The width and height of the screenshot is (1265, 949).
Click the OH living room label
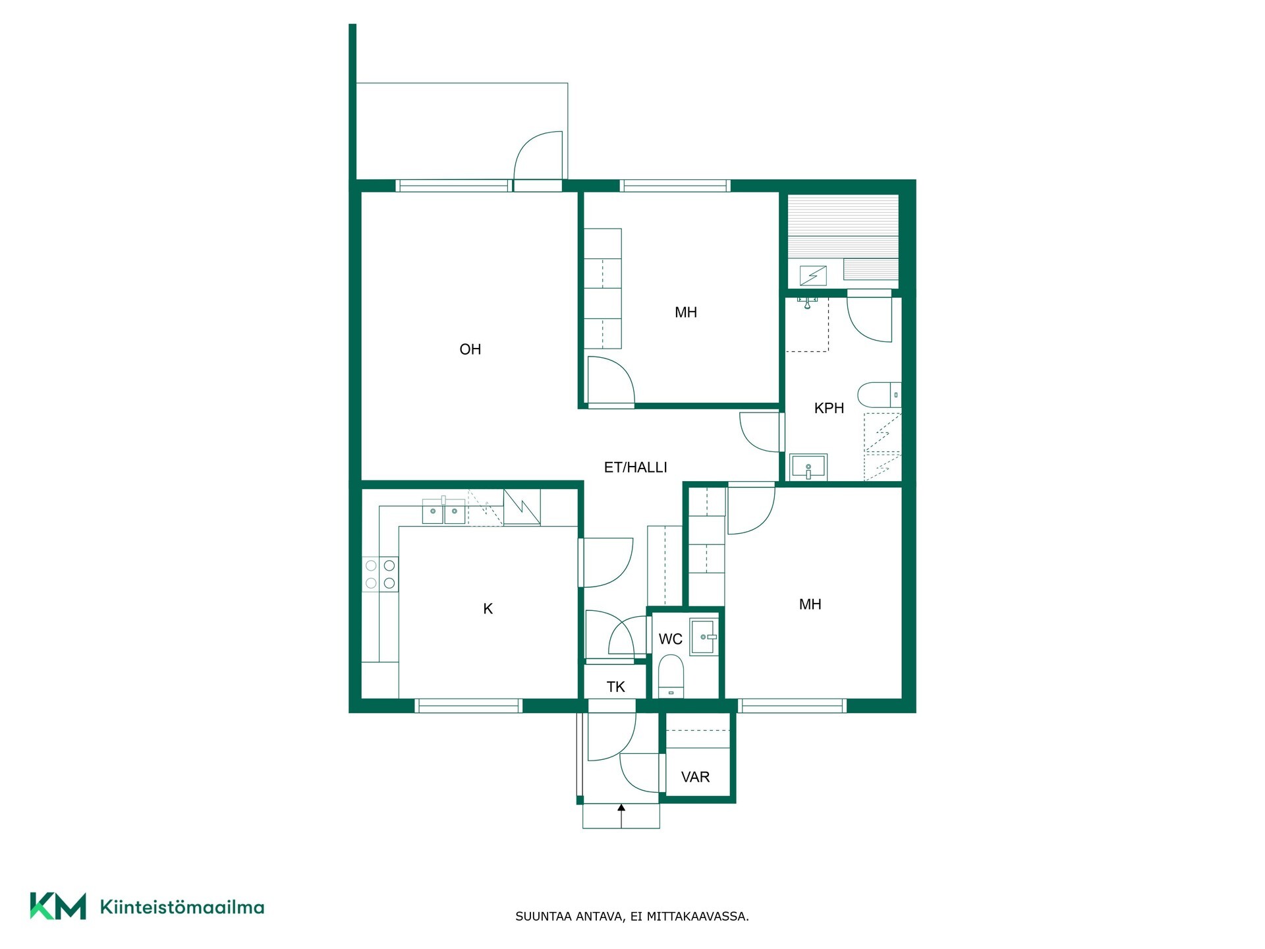tap(470, 349)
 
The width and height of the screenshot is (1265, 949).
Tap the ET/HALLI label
tap(635, 467)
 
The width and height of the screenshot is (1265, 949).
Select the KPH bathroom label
tap(829, 408)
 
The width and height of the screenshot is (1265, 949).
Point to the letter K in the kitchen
tap(488, 608)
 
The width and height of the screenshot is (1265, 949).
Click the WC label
tap(670, 639)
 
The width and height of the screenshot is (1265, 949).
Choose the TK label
tap(615, 687)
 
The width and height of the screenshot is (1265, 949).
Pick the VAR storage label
tap(695, 777)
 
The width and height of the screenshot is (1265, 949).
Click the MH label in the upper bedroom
tap(686, 312)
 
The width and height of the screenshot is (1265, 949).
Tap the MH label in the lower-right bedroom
tap(810, 604)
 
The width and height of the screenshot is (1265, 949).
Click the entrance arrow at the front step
tap(621, 815)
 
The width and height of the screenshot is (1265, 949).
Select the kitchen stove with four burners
tap(380, 574)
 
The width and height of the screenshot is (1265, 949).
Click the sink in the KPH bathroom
tap(808, 467)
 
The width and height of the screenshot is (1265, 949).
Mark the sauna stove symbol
tap(813, 275)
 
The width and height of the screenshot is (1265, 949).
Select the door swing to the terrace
tap(538, 156)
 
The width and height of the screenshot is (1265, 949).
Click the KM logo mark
tap(58, 906)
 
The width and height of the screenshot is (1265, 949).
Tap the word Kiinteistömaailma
tap(182, 907)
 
